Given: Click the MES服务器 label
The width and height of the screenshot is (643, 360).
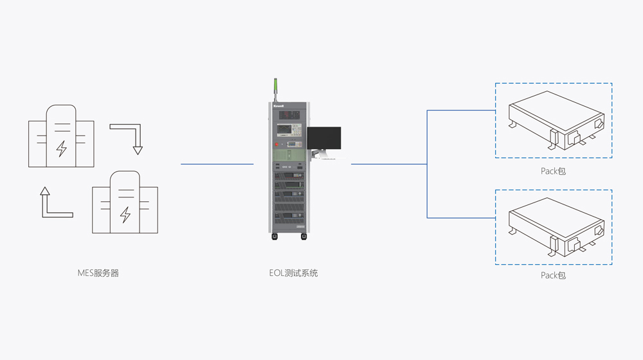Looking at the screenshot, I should [98, 273].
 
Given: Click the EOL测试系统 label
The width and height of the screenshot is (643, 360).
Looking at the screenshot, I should [293, 273].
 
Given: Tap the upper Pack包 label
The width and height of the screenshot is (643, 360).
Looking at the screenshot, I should [553, 171].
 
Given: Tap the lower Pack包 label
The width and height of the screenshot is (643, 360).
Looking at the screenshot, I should [553, 275].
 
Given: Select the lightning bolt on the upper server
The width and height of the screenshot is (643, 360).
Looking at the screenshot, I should [62, 148].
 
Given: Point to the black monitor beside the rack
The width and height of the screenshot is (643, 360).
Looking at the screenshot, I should [324, 138].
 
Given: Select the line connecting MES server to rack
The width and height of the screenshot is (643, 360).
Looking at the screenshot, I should [217, 164].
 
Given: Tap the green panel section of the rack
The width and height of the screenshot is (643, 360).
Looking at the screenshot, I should [289, 156].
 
